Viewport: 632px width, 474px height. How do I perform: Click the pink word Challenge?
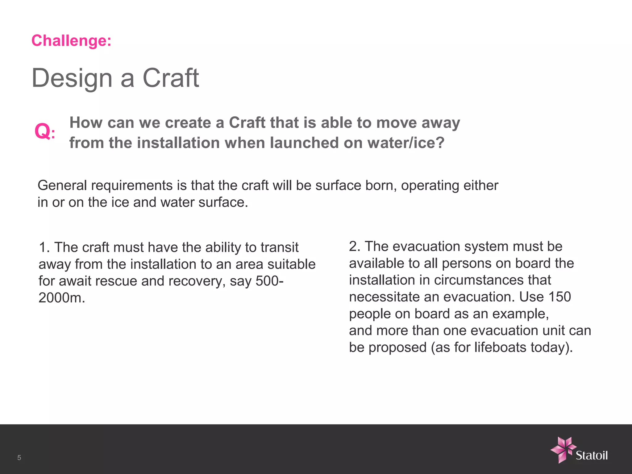[x=71, y=41]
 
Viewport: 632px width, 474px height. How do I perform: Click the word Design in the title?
[x=72, y=78]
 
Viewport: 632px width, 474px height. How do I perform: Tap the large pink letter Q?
[x=43, y=131]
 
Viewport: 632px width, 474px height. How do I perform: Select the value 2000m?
[x=62, y=298]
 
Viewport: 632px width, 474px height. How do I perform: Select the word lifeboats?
[x=500, y=347]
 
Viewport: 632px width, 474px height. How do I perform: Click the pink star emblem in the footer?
[x=563, y=450]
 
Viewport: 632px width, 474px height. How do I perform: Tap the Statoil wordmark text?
[x=592, y=455]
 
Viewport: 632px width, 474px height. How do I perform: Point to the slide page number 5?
[x=19, y=458]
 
